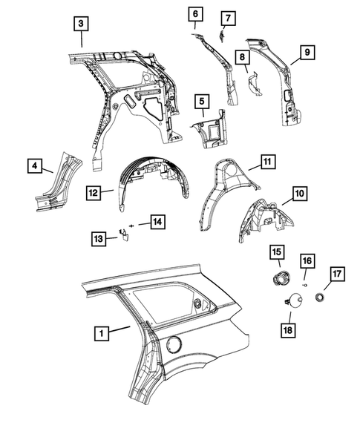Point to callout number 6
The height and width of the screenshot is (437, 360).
(194, 14)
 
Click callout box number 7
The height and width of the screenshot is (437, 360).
(228, 17)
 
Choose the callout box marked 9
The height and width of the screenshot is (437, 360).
(304, 52)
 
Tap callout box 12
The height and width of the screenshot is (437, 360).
(94, 193)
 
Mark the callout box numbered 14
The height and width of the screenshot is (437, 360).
(157, 220)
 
